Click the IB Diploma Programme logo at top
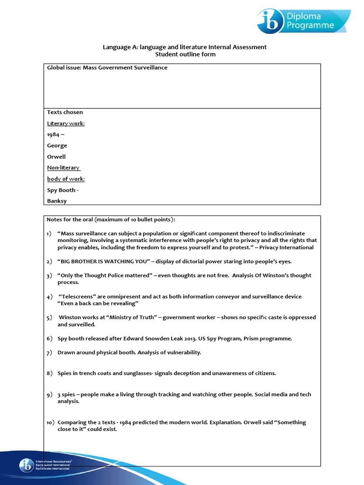click(303, 21)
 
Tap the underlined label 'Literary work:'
click(66, 124)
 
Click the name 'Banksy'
click(57, 201)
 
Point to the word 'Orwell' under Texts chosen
click(56, 157)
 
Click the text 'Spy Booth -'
click(63, 190)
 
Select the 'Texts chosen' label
click(65, 112)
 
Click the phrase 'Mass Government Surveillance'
click(125, 68)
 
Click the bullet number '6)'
click(49, 339)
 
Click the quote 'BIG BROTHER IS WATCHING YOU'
click(105, 261)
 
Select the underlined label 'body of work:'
click(66, 179)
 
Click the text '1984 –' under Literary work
click(56, 135)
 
